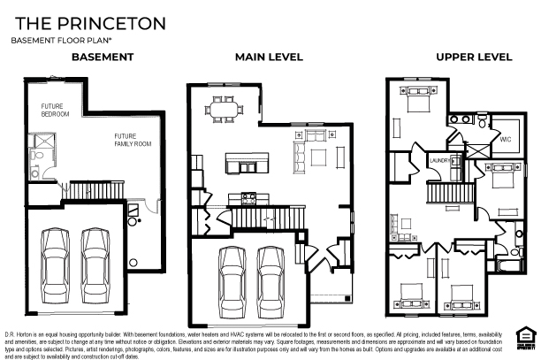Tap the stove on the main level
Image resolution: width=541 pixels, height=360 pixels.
(250, 196)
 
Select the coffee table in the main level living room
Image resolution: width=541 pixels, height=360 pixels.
(317, 158)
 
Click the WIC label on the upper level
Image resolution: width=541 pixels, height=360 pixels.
(505, 139)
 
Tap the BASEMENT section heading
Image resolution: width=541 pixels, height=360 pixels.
(102, 57)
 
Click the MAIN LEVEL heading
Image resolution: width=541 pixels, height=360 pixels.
(268, 57)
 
